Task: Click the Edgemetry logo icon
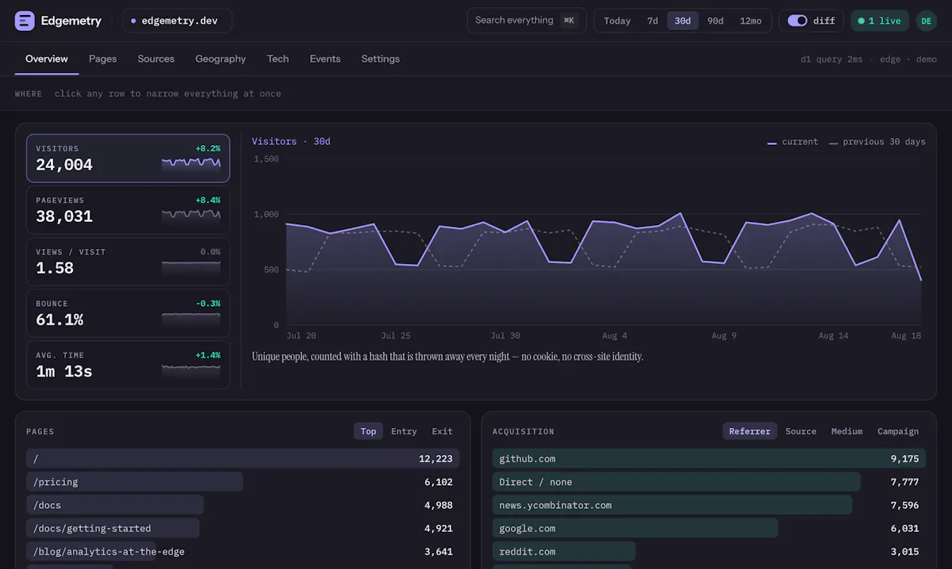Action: (25, 21)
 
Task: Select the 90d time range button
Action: (716, 21)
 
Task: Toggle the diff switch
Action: (797, 21)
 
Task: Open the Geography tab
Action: (221, 59)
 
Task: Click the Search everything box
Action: (527, 21)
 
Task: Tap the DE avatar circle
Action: (927, 21)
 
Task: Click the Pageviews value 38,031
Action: (64, 216)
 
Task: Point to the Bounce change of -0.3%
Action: (208, 304)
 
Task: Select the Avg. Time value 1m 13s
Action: (64, 372)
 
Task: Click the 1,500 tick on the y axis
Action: (267, 158)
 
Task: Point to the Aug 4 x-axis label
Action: (615, 335)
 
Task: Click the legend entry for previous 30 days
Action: (877, 142)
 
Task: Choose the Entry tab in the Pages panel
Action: (404, 431)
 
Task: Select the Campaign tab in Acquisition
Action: (898, 431)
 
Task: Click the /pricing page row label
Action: (56, 482)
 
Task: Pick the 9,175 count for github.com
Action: (905, 459)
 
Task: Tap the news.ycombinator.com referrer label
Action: (555, 506)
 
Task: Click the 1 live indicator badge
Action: (880, 21)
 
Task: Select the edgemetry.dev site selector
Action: (178, 21)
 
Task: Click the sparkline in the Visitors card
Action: (191, 163)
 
